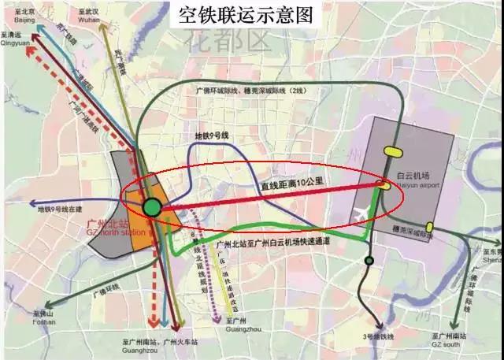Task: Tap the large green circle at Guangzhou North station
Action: click(x=152, y=208)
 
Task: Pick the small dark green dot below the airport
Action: click(x=368, y=261)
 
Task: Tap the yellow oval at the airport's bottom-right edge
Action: click(x=429, y=228)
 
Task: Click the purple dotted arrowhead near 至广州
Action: click(x=218, y=321)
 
